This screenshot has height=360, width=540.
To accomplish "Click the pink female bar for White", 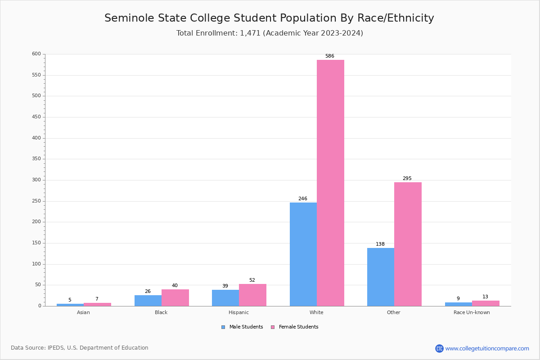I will pyautogui.click(x=330, y=183).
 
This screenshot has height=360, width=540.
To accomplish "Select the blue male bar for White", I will pyautogui.click(x=303, y=254).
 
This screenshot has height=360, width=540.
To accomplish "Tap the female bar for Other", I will pyautogui.click(x=408, y=244).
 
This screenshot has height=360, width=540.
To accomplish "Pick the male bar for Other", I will pyautogui.click(x=380, y=277).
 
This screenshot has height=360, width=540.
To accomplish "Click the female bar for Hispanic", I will pyautogui.click(x=252, y=295).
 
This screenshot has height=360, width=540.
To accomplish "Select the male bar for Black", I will pyautogui.click(x=148, y=301).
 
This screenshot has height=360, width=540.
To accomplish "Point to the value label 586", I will pyautogui.click(x=330, y=56).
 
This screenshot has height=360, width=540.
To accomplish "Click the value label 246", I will pyautogui.click(x=303, y=199).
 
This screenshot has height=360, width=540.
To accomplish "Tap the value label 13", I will pyautogui.click(x=485, y=297).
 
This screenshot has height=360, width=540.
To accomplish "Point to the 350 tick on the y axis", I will pyautogui.click(x=36, y=159).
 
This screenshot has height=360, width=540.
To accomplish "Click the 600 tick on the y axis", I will pyautogui.click(x=36, y=54).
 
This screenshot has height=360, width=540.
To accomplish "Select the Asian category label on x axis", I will pyautogui.click(x=83, y=312).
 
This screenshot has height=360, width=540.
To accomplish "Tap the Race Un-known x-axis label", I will pyautogui.click(x=472, y=312).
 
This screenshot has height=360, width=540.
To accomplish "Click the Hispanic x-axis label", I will pyautogui.click(x=238, y=312).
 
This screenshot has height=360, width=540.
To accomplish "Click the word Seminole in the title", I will pyautogui.click(x=127, y=18).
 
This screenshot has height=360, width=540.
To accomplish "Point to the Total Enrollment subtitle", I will pyautogui.click(x=270, y=33).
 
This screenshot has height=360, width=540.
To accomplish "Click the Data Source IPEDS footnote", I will pyautogui.click(x=80, y=348).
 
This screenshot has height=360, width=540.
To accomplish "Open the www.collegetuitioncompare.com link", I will pyautogui.click(x=487, y=348).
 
